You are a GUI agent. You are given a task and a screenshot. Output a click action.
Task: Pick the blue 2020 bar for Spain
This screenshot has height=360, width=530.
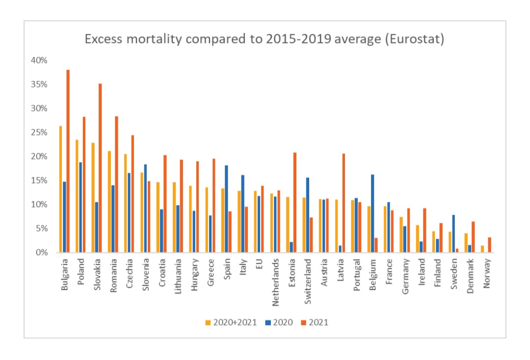226,209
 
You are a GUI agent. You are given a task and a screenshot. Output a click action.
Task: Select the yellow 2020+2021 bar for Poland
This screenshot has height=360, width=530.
77,196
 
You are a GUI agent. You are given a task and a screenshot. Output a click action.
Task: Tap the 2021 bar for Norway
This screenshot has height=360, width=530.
489,245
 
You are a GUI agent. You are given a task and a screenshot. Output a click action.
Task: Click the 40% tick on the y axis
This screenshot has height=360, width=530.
39,60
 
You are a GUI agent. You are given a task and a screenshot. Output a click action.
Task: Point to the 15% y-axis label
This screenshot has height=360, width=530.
39,180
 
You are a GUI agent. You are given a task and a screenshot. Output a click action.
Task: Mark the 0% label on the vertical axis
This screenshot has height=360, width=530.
41,253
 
